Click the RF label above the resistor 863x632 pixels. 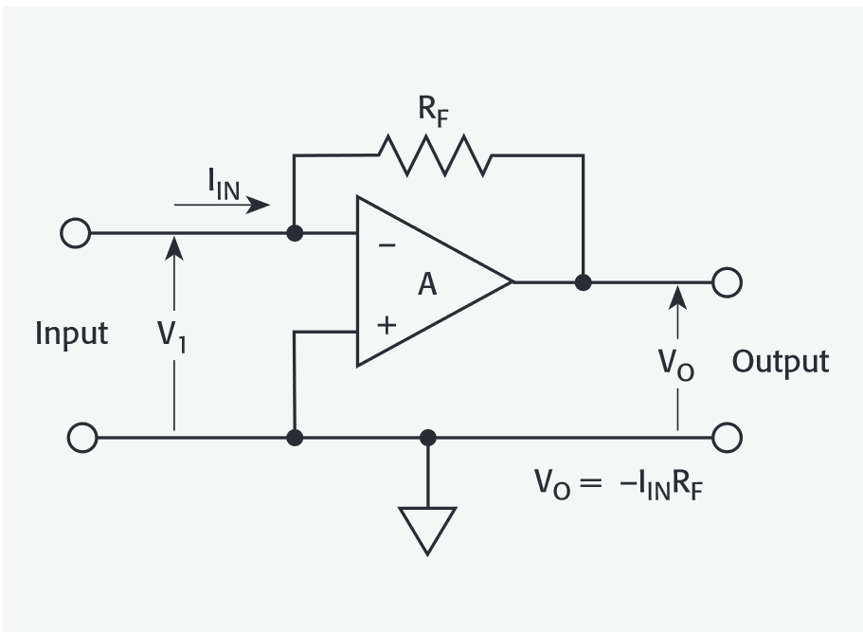pos(435,110)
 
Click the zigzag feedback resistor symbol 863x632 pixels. pos(435,154)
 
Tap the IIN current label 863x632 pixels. pos(224,184)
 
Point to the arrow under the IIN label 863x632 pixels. pos(223,204)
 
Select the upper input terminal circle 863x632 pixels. pos(75,233)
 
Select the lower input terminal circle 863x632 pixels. pos(82,438)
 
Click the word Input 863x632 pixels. pos(71,334)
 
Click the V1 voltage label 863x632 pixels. pos(171,336)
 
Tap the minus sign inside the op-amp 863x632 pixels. pos(387,244)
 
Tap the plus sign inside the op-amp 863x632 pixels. pos(387,326)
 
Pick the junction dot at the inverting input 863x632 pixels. pos(296,233)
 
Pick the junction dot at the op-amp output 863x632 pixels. pos(584,281)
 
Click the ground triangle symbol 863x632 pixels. pos(427,529)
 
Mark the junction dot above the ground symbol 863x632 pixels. pos(427,438)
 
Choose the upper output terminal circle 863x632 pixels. pos(727,281)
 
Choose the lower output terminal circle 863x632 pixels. pos(727,438)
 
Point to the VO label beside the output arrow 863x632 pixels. pos(676,364)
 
